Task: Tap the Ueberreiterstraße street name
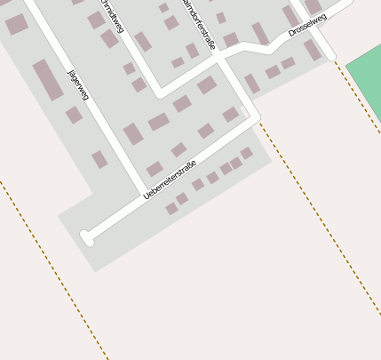(169, 180)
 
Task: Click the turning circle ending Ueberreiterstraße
(86, 237)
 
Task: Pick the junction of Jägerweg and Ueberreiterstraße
(145, 193)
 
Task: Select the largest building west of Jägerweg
(48, 80)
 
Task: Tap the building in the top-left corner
(16, 24)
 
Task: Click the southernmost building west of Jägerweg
(99, 160)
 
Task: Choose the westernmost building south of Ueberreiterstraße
(171, 209)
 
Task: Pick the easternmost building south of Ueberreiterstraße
(246, 153)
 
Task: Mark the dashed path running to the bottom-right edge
(320, 222)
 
